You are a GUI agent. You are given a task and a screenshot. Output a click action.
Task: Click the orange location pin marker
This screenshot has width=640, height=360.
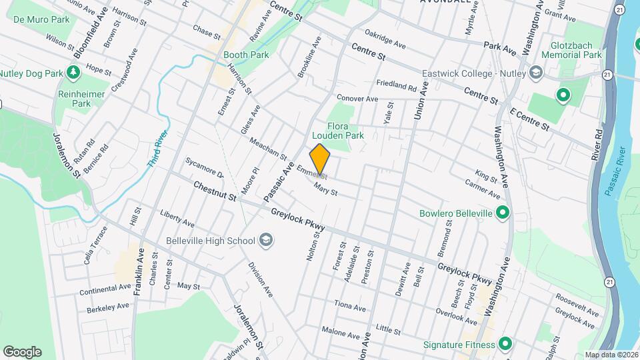(x=320, y=160)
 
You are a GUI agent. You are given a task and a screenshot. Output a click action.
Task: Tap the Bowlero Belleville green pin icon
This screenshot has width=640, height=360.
(x=503, y=213)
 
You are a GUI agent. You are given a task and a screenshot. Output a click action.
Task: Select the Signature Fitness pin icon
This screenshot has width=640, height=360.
(x=505, y=345)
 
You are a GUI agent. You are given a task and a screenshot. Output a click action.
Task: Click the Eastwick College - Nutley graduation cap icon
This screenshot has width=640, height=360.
(x=535, y=73)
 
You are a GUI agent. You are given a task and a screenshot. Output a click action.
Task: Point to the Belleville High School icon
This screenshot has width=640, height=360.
(x=265, y=241)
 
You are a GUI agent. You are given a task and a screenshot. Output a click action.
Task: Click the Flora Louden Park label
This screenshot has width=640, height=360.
(x=345, y=130)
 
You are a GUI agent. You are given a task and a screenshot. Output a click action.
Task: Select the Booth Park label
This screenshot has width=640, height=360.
(x=246, y=55)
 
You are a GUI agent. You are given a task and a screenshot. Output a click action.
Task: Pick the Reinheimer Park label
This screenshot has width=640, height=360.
(x=81, y=99)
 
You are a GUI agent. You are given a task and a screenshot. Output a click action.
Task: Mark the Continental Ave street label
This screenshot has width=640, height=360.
(x=105, y=289)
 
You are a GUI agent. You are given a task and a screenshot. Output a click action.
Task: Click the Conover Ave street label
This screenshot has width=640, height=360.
(x=357, y=99)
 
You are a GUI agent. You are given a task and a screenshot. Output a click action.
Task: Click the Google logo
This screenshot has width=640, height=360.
(x=22, y=351)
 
